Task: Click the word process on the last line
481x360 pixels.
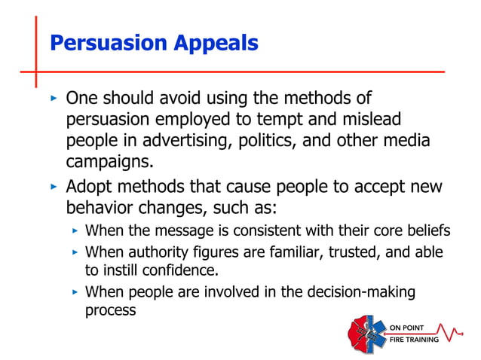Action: pos(110,310)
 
